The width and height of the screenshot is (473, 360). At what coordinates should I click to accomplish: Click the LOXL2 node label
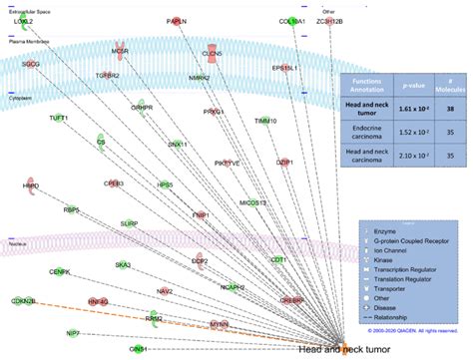pos(21,21)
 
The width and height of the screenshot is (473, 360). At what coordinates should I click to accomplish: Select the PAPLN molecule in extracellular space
pos(178,20)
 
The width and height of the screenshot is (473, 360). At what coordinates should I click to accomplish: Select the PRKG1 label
pos(214,113)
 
